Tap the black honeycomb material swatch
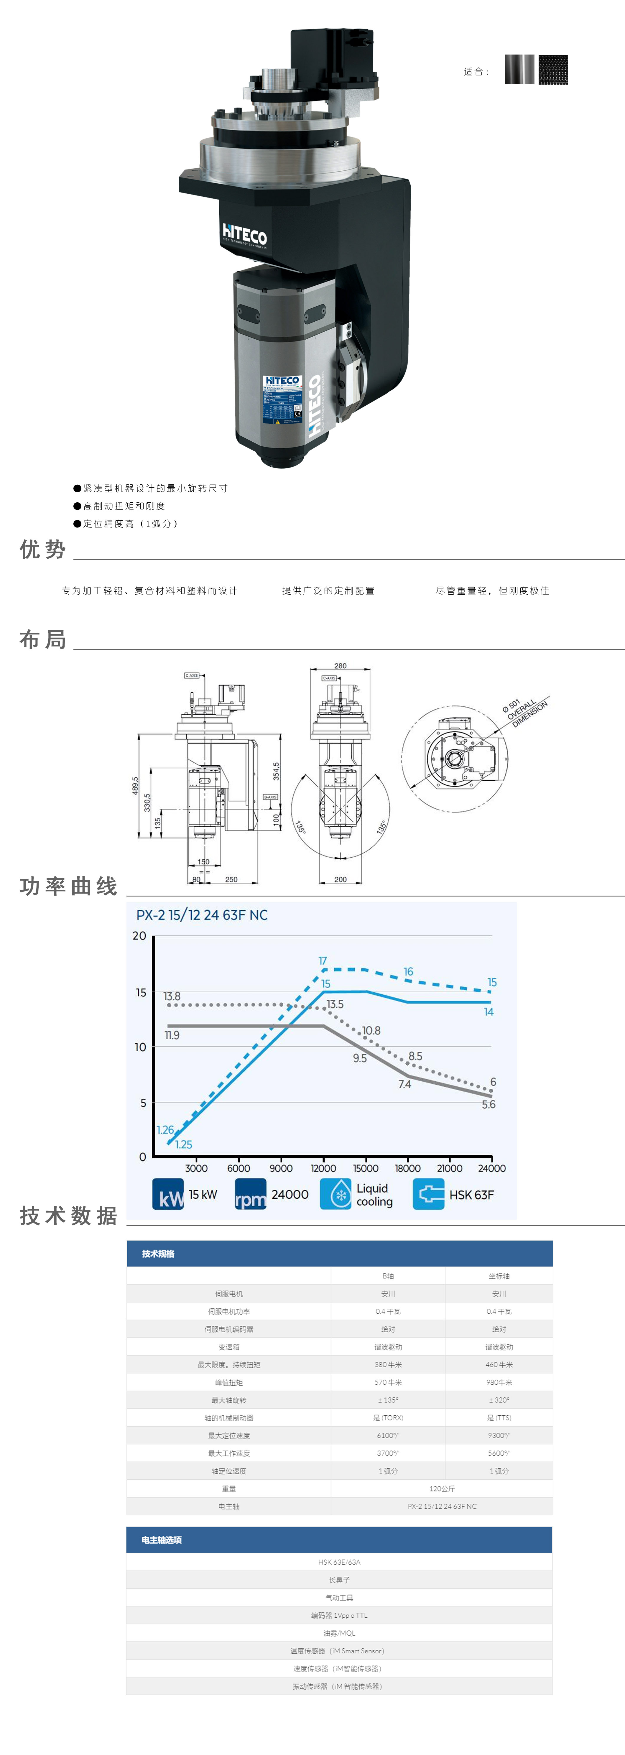(x=553, y=70)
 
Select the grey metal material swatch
(x=519, y=70)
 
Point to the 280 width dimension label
(x=340, y=666)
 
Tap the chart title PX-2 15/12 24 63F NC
(x=202, y=915)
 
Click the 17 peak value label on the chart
(x=323, y=960)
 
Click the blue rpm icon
(x=250, y=1194)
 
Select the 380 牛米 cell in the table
(x=388, y=1365)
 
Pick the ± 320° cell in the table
(x=499, y=1400)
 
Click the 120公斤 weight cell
(x=442, y=1488)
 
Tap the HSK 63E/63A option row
(x=339, y=1562)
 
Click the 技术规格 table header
(x=158, y=1254)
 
